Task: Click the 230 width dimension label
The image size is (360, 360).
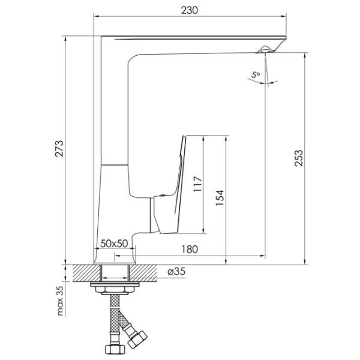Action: (x=189, y=10)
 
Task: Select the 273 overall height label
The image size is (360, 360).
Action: (x=59, y=149)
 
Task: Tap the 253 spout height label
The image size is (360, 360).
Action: (x=299, y=158)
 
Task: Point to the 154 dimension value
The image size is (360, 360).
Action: (x=220, y=198)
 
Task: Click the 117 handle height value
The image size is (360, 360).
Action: (x=197, y=184)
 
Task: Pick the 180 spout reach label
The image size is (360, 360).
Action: (x=190, y=249)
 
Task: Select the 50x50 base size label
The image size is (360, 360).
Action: (x=114, y=244)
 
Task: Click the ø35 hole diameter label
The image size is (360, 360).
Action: (x=176, y=272)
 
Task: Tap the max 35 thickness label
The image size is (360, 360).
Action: (x=60, y=301)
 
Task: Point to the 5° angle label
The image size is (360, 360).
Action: (x=256, y=75)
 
